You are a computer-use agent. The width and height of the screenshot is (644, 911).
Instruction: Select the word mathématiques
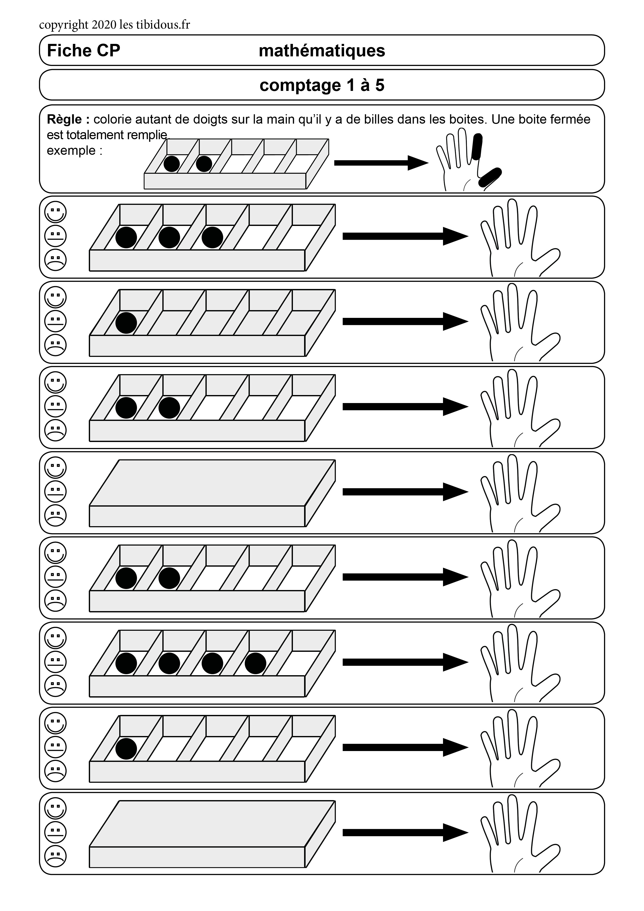click(x=322, y=51)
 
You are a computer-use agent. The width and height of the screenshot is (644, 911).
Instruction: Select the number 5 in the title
click(x=380, y=85)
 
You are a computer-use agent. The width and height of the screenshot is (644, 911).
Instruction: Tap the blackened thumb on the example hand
click(x=490, y=177)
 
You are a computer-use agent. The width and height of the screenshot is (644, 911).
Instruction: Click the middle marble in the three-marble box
click(x=169, y=237)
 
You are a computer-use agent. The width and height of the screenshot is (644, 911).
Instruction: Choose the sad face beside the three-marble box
click(x=56, y=260)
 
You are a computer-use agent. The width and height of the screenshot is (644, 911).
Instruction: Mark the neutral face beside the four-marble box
click(x=56, y=662)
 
